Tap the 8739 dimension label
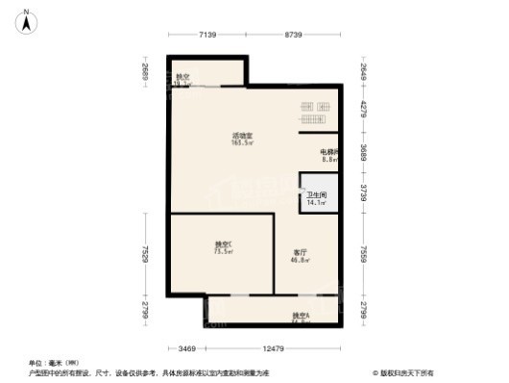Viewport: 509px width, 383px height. (293, 36)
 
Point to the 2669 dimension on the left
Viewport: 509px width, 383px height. (142, 73)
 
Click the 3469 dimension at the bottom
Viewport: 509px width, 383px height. (187, 347)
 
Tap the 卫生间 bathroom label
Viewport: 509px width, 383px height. (318, 195)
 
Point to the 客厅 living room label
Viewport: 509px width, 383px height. (300, 253)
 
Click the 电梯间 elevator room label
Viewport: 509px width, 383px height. (329, 152)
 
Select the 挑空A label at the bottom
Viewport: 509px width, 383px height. (301, 316)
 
